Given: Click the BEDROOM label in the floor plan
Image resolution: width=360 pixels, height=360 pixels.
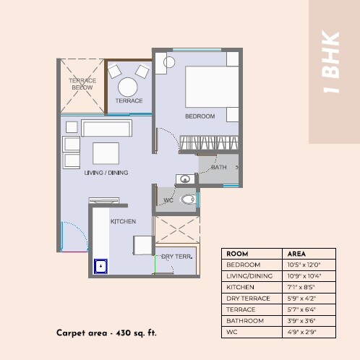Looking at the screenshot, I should [200, 116].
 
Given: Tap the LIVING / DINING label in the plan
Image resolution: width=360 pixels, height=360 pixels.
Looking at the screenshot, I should [101, 173].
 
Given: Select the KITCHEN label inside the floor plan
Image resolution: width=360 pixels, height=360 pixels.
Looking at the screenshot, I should [122, 222].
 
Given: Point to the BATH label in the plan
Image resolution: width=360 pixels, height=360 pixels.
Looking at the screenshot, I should [218, 167].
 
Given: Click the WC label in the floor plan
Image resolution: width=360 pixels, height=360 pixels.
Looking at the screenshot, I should [168, 200].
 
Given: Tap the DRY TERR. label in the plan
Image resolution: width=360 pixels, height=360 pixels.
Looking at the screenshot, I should [176, 257].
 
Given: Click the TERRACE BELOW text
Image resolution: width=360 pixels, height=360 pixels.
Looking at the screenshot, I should [82, 85].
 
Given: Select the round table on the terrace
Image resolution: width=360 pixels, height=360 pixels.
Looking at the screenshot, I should [129, 87].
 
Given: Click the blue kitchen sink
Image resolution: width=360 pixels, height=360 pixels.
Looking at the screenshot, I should [100, 267].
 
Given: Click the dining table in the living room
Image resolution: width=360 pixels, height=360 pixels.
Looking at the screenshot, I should [106, 153].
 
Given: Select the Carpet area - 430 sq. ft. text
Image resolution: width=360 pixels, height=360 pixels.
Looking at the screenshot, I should [106, 333].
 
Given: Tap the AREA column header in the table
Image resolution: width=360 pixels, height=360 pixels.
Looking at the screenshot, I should [297, 254].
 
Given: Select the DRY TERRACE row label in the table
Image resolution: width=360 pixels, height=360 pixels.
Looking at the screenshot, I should [248, 299].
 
